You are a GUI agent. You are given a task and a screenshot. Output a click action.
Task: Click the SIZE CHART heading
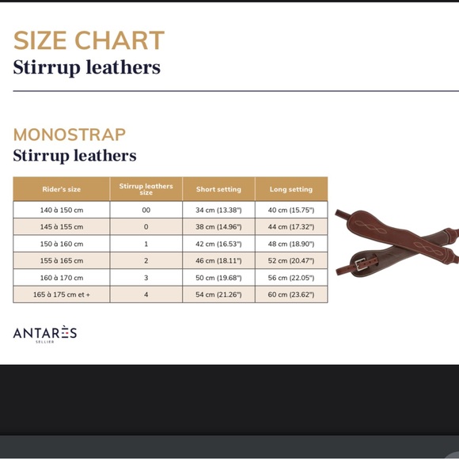pos(89,40)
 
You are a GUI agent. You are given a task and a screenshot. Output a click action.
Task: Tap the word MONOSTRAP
pos(70,135)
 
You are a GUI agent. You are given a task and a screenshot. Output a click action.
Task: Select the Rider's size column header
pos(62,189)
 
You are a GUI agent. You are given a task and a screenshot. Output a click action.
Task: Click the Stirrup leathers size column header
pos(146,189)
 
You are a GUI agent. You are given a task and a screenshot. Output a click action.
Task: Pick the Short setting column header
pos(218,189)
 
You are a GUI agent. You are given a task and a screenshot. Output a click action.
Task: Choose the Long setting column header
pos(290,189)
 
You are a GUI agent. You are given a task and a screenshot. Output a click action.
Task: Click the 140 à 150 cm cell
pos(62,211)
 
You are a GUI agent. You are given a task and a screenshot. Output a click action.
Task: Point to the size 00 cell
pos(146,211)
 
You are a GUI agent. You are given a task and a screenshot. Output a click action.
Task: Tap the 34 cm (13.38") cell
pos(218,211)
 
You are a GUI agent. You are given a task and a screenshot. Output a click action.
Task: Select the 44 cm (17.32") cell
pos(290,227)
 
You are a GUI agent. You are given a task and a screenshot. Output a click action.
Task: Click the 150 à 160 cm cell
pos(62,244)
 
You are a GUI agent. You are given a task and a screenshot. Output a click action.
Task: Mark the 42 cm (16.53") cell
pos(218,244)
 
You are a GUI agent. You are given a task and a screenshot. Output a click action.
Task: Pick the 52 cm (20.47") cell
pos(290,260)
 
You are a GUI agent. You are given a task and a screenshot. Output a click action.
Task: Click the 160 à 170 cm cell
pos(62,278)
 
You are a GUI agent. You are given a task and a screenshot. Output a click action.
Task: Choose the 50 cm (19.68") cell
pos(218,278)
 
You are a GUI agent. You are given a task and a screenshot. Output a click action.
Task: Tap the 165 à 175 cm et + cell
pos(62,294)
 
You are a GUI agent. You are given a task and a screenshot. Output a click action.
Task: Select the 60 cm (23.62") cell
pos(290,294)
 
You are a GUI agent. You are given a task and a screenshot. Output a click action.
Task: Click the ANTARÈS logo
pos(45,334)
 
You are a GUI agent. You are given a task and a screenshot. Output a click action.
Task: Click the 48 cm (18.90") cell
pos(290,244)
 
